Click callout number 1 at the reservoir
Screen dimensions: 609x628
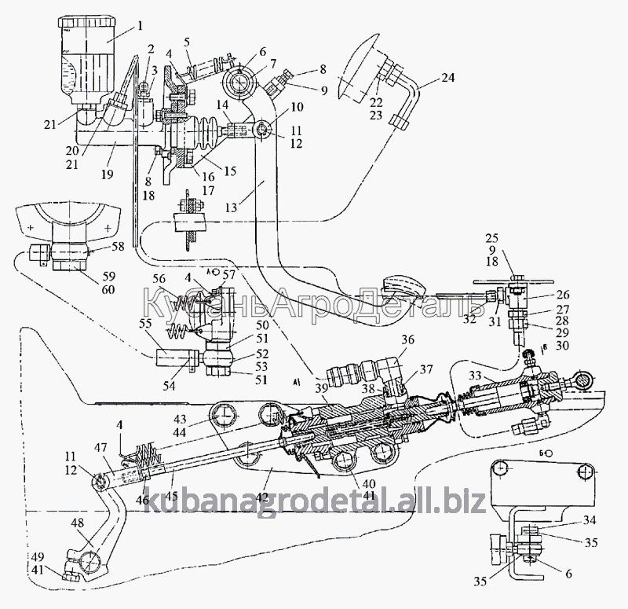[140, 26]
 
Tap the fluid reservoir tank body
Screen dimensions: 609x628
[84, 63]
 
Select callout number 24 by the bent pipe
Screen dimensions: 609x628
[447, 77]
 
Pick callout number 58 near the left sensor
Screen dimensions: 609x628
[118, 247]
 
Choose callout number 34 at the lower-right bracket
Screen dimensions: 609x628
[589, 521]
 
